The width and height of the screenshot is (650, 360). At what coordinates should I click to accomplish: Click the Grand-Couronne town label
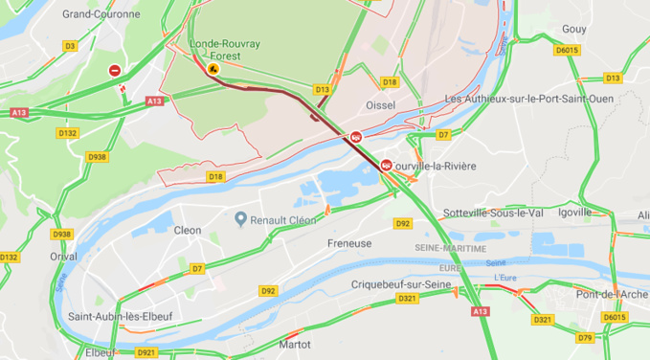point(100,14)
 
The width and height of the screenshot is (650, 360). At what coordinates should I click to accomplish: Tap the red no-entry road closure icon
point(115,71)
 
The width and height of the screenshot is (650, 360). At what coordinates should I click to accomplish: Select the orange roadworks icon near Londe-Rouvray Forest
point(213,68)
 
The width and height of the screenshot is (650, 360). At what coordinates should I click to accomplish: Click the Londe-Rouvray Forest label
point(220,50)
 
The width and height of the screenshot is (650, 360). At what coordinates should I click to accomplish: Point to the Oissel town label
point(380,104)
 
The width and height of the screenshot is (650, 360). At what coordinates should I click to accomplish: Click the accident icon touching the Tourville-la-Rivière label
point(386,165)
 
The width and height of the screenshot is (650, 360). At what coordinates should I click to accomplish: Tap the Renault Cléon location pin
point(241,219)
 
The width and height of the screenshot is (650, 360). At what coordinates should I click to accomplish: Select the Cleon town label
point(188,231)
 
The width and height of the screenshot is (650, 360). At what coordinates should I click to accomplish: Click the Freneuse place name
point(350,244)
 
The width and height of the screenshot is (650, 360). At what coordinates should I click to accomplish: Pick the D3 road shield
point(70,46)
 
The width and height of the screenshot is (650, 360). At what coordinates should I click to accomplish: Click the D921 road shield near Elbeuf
point(146,352)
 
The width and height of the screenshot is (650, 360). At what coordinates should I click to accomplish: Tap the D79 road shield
point(584,337)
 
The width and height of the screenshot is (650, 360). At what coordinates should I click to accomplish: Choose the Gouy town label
point(574,30)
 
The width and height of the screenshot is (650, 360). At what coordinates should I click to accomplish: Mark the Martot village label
point(294,344)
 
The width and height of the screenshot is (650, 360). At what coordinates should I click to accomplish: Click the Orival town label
point(64,257)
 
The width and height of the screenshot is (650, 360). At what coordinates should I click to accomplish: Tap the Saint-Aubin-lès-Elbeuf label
point(120,316)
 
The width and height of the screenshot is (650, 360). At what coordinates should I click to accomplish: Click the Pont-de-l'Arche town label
point(613,294)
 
